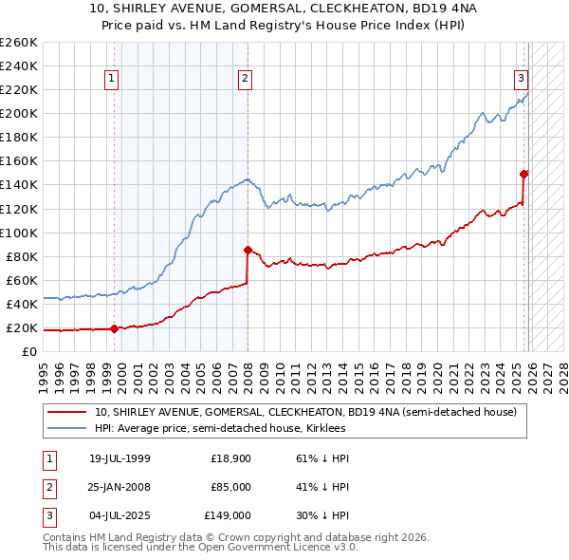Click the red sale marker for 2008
[x=248, y=251]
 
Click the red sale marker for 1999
[x=114, y=329]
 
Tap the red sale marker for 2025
[x=523, y=174]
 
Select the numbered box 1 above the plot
[x=113, y=79]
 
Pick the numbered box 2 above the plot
[x=245, y=79]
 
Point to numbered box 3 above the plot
[x=521, y=79]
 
